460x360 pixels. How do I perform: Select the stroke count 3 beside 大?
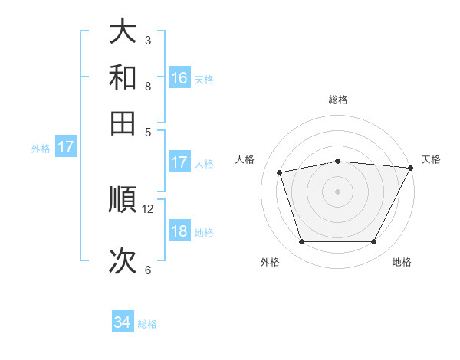point(148,40)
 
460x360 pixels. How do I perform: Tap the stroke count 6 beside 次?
point(148,270)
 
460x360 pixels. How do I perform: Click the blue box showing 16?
point(179,77)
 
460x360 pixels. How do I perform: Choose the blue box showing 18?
point(179,231)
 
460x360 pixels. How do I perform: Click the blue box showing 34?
point(123,322)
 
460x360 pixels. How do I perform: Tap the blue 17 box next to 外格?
point(65,147)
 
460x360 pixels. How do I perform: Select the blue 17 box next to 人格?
point(179,162)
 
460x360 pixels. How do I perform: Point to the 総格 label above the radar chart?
point(338,100)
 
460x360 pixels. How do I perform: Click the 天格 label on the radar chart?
point(431,159)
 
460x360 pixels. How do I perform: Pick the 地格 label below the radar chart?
point(402,262)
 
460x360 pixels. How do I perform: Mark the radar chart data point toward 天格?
point(411,168)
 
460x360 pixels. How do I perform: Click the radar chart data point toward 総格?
point(338,161)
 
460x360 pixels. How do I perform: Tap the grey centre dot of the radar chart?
point(338,191)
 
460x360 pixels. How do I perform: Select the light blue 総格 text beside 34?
point(147,324)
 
